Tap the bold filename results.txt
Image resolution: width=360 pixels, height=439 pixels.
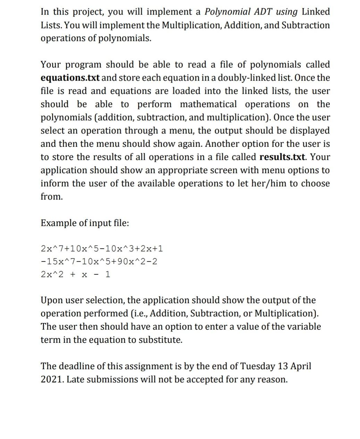tap(283, 157)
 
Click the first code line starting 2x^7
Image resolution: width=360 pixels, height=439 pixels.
tap(102, 249)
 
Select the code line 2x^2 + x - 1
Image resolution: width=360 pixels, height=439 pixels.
tap(75, 274)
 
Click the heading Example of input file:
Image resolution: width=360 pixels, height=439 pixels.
tap(85, 223)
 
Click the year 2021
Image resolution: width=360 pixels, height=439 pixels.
tap(52, 379)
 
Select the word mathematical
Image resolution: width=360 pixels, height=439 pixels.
tap(208, 104)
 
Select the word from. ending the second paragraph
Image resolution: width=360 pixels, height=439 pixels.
tap(52, 197)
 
